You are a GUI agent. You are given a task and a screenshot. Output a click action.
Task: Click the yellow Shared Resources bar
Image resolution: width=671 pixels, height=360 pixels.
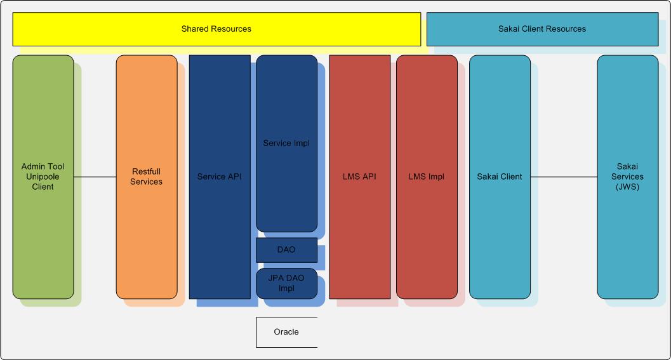point(216,29)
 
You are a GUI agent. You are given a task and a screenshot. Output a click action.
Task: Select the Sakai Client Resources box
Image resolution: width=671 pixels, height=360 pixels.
point(542,29)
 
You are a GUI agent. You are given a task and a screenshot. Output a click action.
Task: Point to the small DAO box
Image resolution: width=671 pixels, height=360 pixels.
point(286,250)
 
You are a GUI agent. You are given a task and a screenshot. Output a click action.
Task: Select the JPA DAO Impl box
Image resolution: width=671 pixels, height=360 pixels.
point(286,283)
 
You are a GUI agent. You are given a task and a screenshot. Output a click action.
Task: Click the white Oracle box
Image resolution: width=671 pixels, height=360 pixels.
point(286,332)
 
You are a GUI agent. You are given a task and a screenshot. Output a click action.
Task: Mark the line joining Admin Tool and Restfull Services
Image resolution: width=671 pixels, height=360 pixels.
point(95,177)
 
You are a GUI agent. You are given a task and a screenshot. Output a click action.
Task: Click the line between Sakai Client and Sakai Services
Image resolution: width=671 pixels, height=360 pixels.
point(564,177)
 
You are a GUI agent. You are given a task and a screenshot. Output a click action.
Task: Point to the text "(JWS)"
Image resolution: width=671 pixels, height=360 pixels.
point(628,187)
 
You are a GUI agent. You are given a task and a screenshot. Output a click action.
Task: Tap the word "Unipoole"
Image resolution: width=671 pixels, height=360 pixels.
point(43,177)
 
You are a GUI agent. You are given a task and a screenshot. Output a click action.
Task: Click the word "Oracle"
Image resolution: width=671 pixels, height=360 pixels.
point(286,332)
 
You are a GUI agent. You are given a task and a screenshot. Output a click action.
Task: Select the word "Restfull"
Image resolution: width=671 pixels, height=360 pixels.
point(147,172)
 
